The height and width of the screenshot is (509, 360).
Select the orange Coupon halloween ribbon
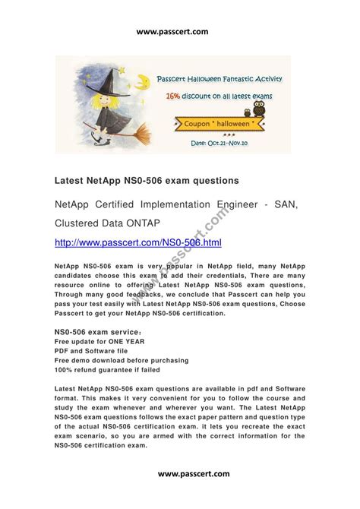coord(218,122)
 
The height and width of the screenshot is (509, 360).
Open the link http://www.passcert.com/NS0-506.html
coord(138,242)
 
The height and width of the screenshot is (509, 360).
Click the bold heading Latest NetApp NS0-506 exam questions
coord(136,180)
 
